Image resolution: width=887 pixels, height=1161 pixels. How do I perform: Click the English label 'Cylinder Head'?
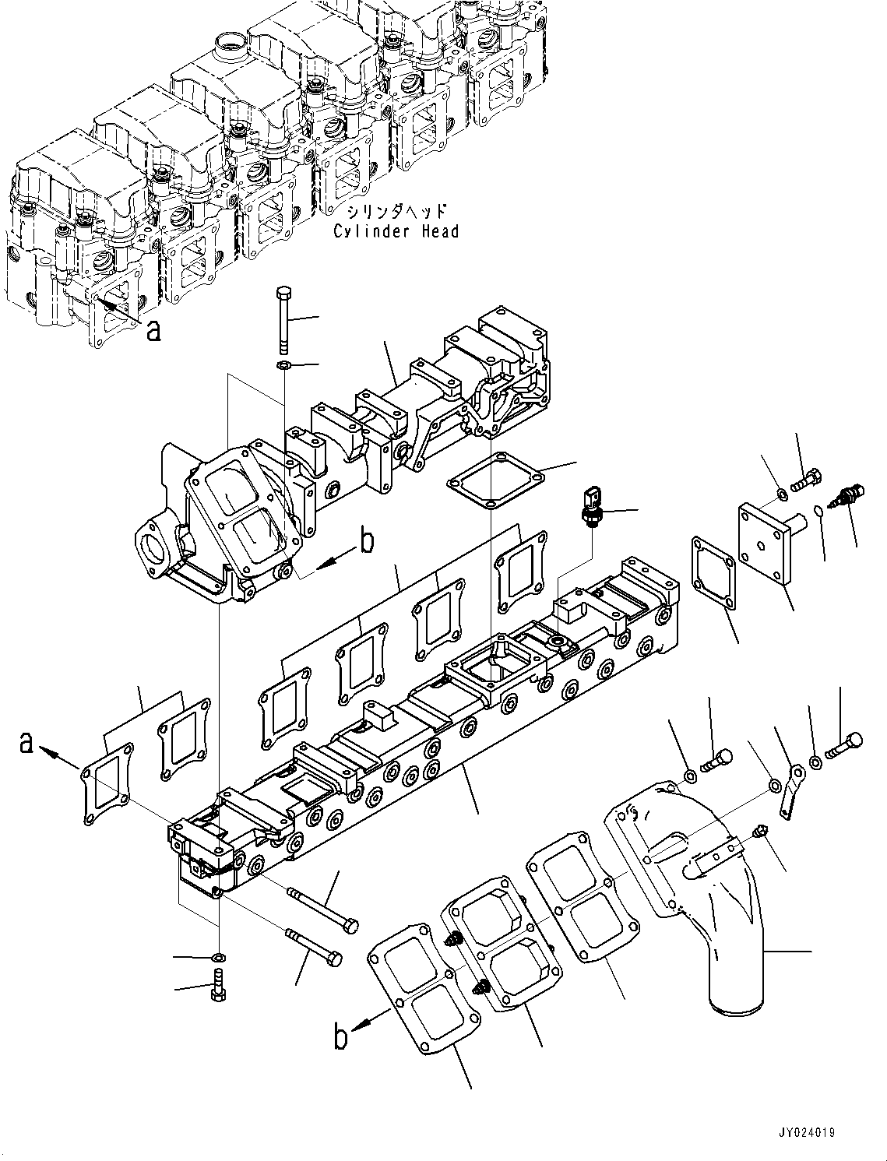[x=396, y=231]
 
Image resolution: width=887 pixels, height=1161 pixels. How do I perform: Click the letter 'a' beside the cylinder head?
[x=154, y=331]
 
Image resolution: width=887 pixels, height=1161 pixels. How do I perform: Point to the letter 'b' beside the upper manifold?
[x=366, y=540]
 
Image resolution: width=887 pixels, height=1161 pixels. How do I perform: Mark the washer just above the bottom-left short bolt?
[x=219, y=956]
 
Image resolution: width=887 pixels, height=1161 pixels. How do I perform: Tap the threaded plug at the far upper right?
[x=847, y=494]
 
